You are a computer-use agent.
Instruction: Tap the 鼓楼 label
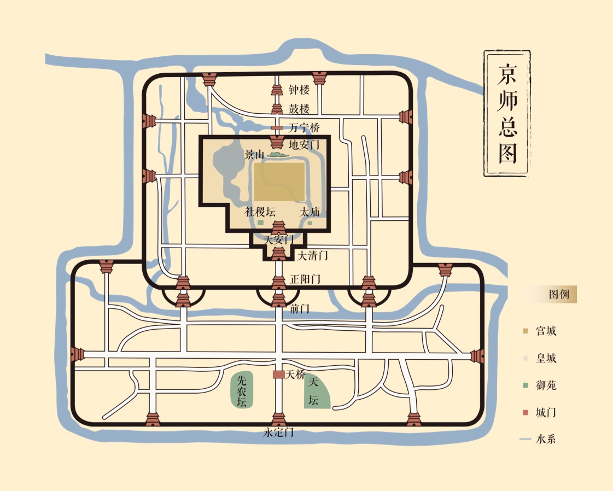[x=299, y=109]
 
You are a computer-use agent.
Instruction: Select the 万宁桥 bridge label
[x=304, y=128]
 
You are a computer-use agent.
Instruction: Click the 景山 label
[x=254, y=155]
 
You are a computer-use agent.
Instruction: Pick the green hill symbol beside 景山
[x=277, y=155]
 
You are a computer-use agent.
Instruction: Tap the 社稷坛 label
[x=260, y=212]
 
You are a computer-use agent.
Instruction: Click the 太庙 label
[x=310, y=212]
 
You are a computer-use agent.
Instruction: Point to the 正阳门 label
[x=305, y=279]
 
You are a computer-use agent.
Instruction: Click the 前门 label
[x=300, y=309]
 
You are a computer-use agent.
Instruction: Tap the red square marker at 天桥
[x=278, y=375]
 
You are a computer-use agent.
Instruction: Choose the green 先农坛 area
[x=242, y=390]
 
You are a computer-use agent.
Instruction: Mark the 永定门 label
[x=278, y=432]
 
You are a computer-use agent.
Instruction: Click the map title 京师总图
[x=507, y=114]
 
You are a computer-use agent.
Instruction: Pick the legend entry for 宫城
[x=539, y=331]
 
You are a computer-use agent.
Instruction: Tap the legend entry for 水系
[x=539, y=439]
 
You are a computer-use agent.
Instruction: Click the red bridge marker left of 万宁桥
[x=278, y=128]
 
